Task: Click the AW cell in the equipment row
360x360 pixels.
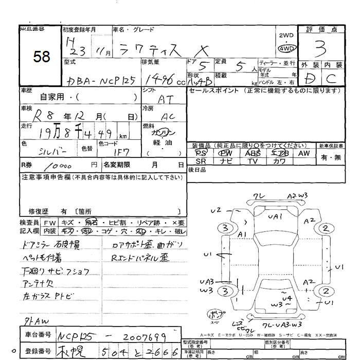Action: point(304,153)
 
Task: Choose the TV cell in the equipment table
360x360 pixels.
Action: point(253,161)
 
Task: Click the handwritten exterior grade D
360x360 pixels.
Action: point(308,79)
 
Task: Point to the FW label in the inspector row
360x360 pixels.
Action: point(50,223)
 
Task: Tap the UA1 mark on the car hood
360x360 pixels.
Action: point(275,218)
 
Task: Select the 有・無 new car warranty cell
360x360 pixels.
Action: point(330,157)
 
